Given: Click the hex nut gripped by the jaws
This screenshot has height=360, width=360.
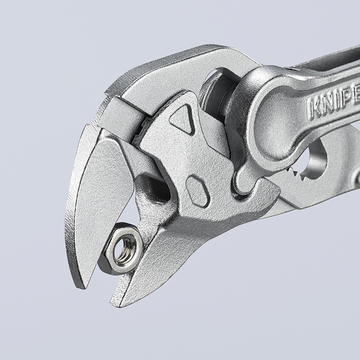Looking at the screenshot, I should click(122, 247).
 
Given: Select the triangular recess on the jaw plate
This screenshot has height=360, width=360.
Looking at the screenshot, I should click(182, 119).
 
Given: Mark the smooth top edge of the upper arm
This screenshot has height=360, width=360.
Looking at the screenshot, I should click(184, 61).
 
